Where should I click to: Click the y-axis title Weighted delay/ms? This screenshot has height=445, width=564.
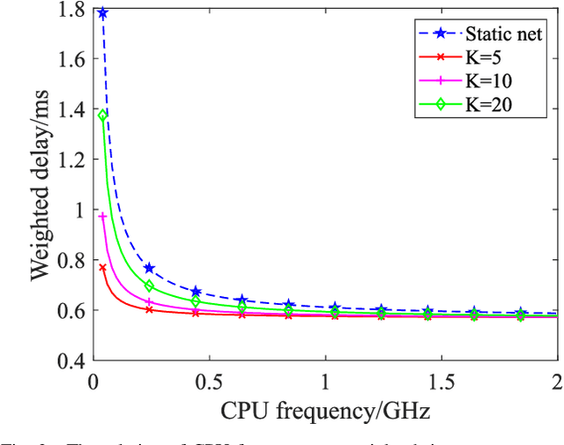pos(41,185)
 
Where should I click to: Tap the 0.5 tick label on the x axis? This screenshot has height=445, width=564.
pos(209,381)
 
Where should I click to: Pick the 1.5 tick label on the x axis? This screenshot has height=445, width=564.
pos(442,381)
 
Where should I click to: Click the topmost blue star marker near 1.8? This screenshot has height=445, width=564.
pos(102,13)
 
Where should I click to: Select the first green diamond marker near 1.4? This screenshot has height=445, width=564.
pos(102,115)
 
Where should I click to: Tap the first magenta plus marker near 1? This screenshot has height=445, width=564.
pos(102,216)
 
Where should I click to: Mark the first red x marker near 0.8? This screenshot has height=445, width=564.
pos(102,267)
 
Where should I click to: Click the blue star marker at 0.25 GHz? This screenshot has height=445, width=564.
pos(149,268)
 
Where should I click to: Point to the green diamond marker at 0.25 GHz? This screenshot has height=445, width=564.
pos(149,286)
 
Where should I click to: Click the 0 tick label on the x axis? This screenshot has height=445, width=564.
pos(93,381)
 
